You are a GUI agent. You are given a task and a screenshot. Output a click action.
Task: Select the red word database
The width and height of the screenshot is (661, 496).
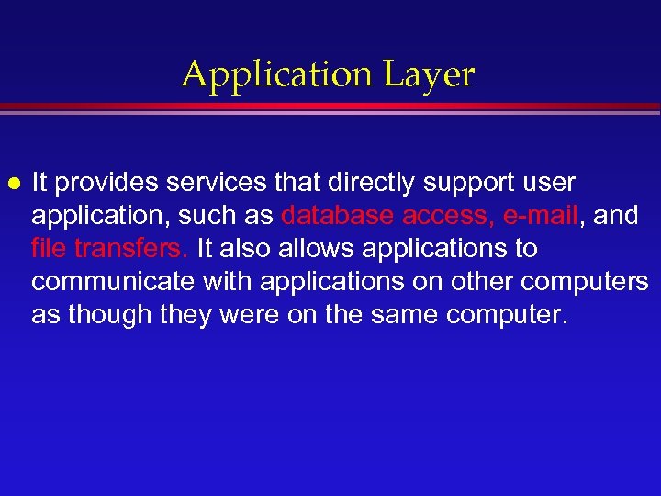pos(338,215)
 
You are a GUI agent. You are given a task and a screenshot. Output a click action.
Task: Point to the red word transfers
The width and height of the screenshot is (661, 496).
pos(132,248)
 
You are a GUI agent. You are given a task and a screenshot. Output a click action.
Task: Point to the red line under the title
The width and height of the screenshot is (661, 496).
pos(330,108)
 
